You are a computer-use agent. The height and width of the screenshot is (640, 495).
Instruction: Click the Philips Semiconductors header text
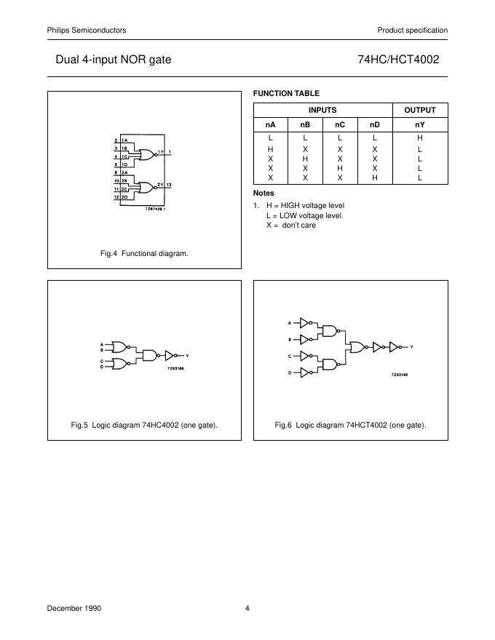click(x=87, y=30)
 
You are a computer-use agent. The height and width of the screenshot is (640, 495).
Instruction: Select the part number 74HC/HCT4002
click(x=398, y=60)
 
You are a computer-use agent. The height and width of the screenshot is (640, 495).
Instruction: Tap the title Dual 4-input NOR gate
click(x=114, y=60)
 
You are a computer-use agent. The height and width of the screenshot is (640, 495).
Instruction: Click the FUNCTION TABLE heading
click(x=286, y=93)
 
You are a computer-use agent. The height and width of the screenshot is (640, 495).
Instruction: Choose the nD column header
click(x=375, y=124)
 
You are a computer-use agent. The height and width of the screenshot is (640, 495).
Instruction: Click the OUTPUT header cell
click(x=419, y=110)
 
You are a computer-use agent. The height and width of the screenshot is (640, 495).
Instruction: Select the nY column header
click(x=419, y=124)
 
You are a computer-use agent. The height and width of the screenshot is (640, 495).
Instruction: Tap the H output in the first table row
click(x=419, y=137)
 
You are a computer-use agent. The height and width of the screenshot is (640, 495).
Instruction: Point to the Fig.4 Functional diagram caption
click(x=144, y=253)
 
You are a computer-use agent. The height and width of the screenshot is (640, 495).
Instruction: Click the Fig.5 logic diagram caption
click(x=144, y=425)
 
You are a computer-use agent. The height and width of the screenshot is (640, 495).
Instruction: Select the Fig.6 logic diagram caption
click(x=350, y=425)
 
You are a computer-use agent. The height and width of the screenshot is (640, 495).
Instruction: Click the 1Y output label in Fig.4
click(x=160, y=153)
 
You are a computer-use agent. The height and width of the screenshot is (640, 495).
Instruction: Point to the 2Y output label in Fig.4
click(x=160, y=185)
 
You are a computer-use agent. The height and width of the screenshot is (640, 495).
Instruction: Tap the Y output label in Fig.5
click(x=187, y=355)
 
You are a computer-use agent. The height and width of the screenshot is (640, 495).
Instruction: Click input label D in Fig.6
click(x=290, y=372)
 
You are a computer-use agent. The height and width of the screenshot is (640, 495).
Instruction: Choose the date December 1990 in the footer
click(x=74, y=608)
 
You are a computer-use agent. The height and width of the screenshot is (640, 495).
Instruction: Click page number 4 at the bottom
click(x=247, y=608)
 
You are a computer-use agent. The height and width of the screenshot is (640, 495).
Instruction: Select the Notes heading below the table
click(x=264, y=193)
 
